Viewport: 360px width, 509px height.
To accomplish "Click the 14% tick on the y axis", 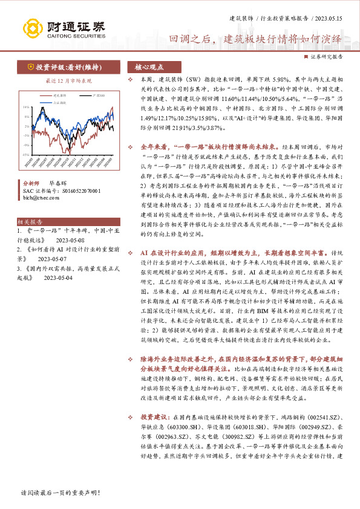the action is click(27, 107).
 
